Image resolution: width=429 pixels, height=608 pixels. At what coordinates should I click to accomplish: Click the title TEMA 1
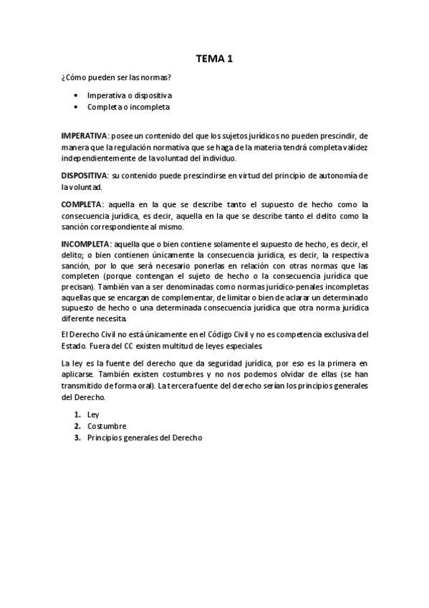[x=214, y=60]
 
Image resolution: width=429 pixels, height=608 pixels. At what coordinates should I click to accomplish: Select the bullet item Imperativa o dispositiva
[x=129, y=95]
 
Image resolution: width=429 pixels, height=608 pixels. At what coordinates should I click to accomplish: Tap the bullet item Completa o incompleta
[x=128, y=107]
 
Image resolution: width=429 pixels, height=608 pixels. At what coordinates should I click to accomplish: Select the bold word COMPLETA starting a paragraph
[x=82, y=204]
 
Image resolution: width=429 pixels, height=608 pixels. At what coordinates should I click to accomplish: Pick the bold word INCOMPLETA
[x=86, y=244]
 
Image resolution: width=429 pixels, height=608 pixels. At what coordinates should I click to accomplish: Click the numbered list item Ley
[x=93, y=414]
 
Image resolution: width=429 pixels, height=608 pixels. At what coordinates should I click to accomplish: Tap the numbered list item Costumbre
[x=107, y=426]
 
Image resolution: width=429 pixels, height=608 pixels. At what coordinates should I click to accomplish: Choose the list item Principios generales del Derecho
[x=145, y=437]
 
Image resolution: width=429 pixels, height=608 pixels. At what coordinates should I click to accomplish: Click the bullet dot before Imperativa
[x=77, y=95]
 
